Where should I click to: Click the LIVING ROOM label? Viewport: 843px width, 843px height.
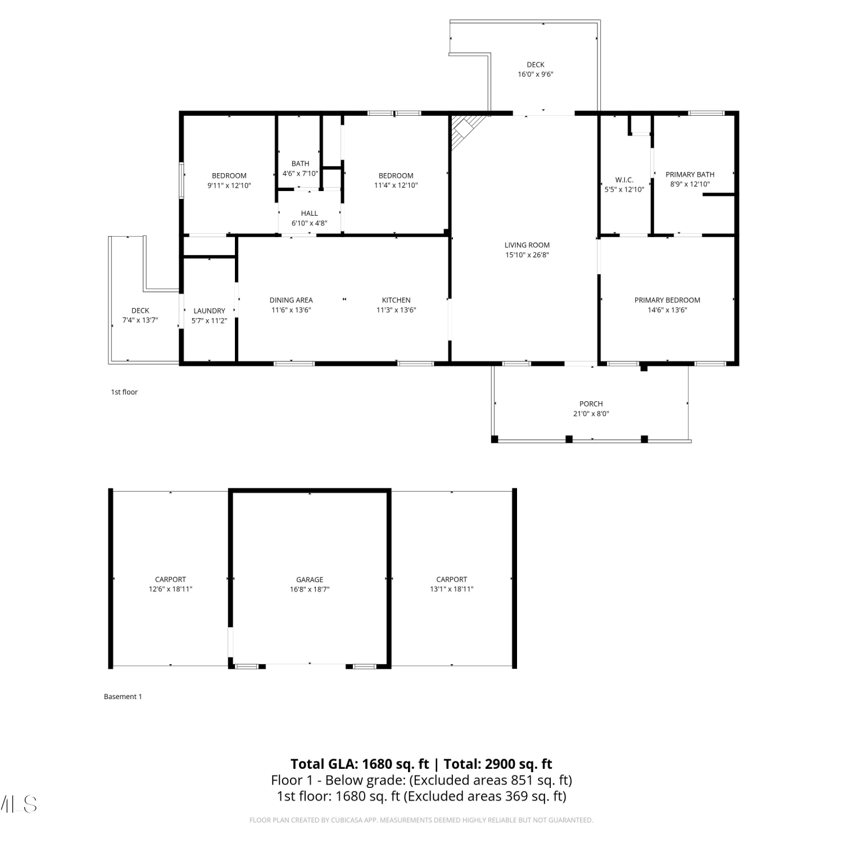527,245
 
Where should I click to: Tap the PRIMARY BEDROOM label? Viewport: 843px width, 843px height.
667,300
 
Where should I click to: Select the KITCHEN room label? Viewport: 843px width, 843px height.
396,300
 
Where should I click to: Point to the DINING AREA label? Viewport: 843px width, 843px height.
291,300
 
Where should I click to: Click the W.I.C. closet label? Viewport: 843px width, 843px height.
624,180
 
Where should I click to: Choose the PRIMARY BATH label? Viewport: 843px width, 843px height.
690,175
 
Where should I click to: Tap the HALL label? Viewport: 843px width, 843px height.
309,214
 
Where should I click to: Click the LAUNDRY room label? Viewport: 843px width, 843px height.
209,311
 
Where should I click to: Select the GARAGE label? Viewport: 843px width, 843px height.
310,579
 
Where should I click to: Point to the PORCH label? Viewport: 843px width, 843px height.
591,404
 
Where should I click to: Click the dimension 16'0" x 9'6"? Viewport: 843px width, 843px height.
536,74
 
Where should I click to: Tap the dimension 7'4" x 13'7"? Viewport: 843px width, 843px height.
140,320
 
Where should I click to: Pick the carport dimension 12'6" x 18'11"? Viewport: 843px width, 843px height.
170,590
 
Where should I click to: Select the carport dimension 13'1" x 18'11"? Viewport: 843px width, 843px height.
452,590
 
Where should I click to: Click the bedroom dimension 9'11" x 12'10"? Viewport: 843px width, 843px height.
229,185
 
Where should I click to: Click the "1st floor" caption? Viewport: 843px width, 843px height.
124,392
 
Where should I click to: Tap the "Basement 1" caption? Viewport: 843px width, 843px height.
123,697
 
